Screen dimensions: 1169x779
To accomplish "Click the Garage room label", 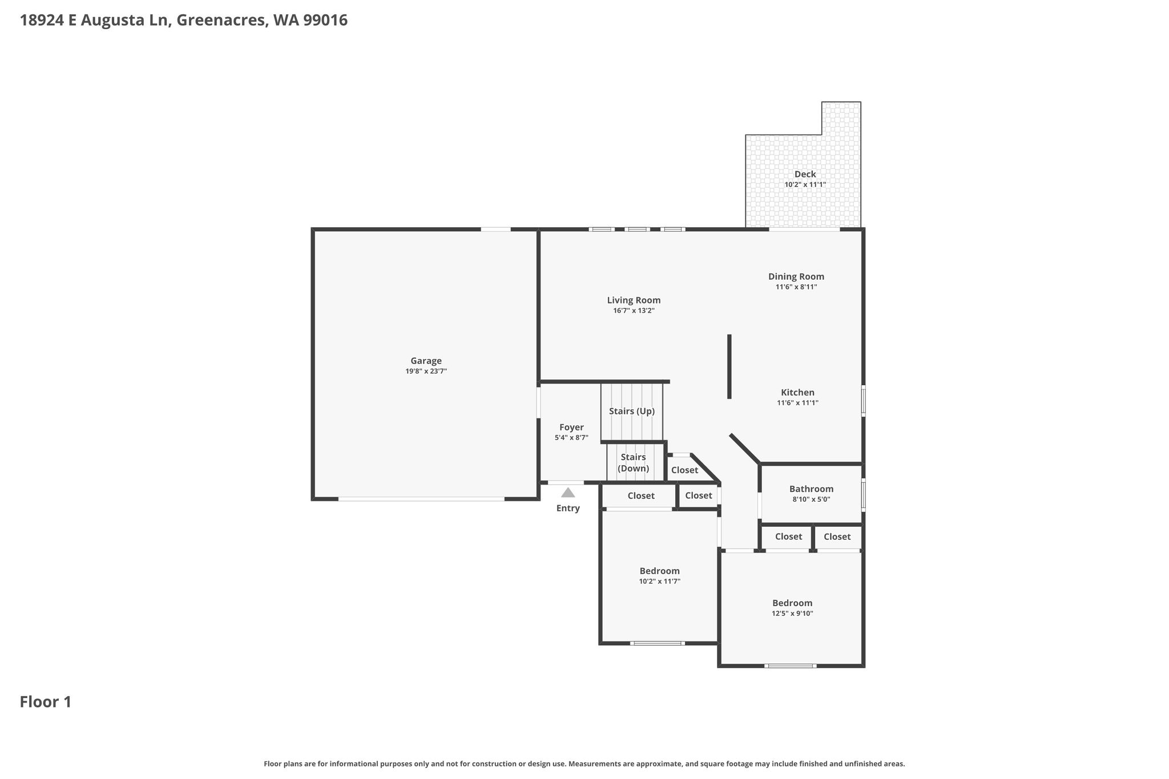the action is [x=426, y=361].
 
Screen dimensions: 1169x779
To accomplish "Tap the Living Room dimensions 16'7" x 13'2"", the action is [x=634, y=311].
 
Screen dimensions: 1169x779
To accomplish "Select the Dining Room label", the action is [x=796, y=277].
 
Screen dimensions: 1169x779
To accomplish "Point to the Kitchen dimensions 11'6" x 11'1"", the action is [x=797, y=403].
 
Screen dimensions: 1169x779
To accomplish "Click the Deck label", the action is [x=805, y=174].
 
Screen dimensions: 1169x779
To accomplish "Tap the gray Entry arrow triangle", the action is [x=568, y=493].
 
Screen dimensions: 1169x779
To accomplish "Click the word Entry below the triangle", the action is [x=568, y=508].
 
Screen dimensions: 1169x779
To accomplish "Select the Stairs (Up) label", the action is [x=632, y=411].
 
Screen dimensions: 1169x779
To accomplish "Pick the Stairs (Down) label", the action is [x=634, y=463].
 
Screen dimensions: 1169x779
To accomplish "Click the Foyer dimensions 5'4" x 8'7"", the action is [x=571, y=438].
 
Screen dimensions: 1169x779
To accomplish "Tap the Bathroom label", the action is [x=811, y=489].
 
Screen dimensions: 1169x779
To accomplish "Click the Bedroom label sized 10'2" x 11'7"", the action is [x=659, y=571].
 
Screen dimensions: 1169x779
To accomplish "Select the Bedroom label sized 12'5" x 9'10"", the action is [x=792, y=603].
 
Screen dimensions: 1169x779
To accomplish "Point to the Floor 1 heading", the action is [x=46, y=702].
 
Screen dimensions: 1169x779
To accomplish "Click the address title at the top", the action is [x=184, y=21].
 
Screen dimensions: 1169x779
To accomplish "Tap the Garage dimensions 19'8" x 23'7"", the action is [x=426, y=372].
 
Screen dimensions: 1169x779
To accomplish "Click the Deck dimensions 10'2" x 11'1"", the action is [x=805, y=185].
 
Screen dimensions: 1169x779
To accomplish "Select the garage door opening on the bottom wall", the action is [x=421, y=499].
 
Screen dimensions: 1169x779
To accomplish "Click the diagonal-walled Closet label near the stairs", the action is [x=684, y=470].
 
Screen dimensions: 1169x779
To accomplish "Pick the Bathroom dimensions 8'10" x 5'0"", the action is [x=811, y=499].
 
